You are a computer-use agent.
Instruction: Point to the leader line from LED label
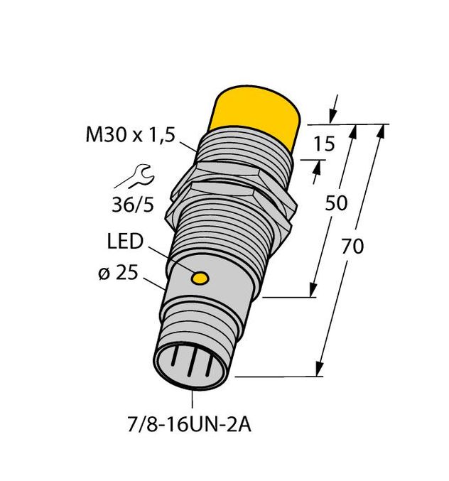pos(171,259)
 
